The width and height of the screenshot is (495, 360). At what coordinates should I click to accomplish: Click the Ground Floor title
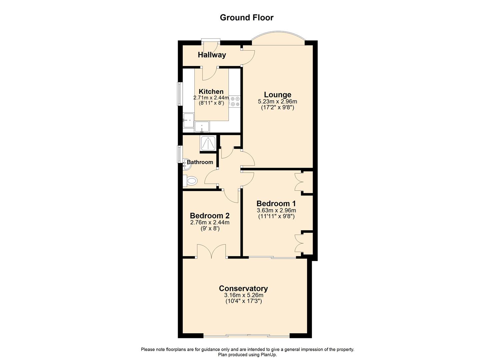pyautogui.click(x=246, y=18)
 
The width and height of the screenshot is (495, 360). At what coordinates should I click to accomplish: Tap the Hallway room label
pyautogui.click(x=212, y=55)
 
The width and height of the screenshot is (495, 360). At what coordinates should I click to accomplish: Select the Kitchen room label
pyautogui.click(x=211, y=92)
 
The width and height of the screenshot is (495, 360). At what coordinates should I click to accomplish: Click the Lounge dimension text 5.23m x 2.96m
pyautogui.click(x=277, y=102)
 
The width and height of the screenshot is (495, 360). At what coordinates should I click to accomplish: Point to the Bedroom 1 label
pyautogui.click(x=276, y=203)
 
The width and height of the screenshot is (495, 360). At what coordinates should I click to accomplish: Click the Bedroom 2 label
pyautogui.click(x=210, y=216)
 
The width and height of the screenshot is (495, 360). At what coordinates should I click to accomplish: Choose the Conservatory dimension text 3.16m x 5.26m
pyautogui.click(x=243, y=295)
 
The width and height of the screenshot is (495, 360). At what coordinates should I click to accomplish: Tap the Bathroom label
pyautogui.click(x=200, y=162)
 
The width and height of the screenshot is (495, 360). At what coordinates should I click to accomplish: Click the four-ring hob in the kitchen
pyautogui.click(x=235, y=101)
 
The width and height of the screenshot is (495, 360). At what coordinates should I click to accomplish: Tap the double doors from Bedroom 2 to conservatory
pyautogui.click(x=211, y=252)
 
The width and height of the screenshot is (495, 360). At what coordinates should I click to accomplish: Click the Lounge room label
pyautogui.click(x=277, y=95)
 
